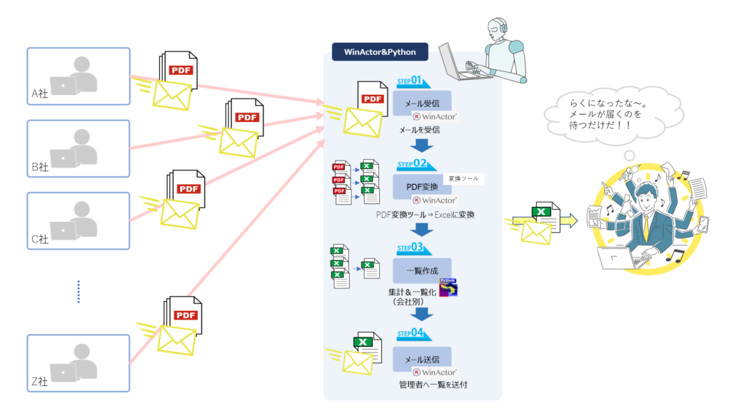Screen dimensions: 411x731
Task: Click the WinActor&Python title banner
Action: click(379, 52)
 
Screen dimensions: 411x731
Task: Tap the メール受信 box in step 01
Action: click(422, 104)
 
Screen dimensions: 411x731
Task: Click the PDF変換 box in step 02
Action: click(421, 188)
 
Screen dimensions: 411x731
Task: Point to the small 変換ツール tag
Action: click(463, 178)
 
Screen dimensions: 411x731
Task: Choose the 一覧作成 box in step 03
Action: click(422, 271)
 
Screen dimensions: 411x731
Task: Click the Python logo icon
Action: click(449, 287)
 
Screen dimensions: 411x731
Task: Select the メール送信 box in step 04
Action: click(422, 359)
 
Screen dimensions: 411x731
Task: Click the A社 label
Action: click(39, 94)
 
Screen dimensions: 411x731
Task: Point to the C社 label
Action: click(39, 238)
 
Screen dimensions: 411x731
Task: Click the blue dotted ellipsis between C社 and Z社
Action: click(79, 291)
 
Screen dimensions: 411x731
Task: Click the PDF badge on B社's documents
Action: click(247, 117)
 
